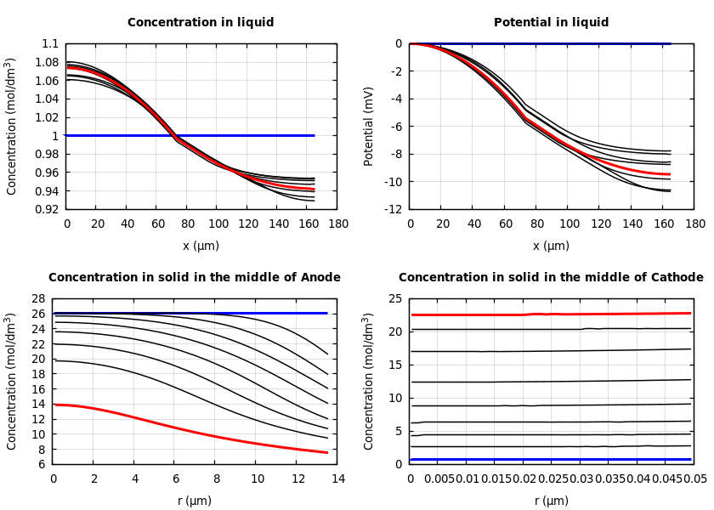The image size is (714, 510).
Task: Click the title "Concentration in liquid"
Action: tap(201, 23)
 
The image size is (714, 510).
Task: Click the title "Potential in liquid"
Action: tap(551, 23)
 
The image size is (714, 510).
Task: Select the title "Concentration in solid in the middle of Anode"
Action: tap(194, 278)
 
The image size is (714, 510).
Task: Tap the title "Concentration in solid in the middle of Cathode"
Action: tap(551, 278)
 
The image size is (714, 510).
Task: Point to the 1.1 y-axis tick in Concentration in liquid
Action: tap(51, 43)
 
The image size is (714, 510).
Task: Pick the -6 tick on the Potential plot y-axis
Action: tap(397, 127)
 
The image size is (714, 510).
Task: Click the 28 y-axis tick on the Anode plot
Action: tap(37, 298)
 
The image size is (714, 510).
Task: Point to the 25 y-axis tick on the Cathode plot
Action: tap(394, 298)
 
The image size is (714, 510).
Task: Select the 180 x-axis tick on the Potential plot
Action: tap(695, 224)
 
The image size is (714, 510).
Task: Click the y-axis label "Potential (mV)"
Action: tap(369, 126)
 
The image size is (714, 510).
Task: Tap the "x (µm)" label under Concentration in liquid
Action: tap(201, 246)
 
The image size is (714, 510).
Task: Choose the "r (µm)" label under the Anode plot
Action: tap(194, 501)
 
